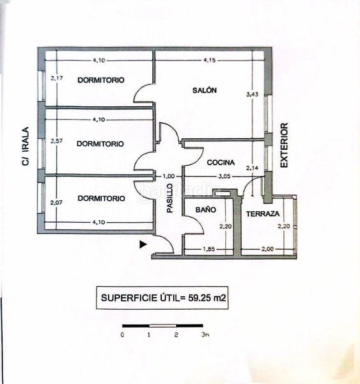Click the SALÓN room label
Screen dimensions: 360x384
click(205, 90)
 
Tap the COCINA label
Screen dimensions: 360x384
click(221, 163)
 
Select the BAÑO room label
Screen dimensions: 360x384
click(205, 210)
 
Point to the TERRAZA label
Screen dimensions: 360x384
click(263, 214)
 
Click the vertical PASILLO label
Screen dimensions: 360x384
click(170, 198)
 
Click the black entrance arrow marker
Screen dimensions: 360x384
click(143, 244)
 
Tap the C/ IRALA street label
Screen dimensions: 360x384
click(26, 146)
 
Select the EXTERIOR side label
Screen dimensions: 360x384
click(284, 145)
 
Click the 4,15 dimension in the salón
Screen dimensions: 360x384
click(210, 60)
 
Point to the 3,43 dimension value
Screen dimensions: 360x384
click(252, 94)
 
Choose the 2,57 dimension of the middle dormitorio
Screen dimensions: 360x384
click(56, 141)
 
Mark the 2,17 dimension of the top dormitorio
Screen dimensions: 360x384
click(57, 78)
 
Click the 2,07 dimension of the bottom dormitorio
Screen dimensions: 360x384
click(56, 202)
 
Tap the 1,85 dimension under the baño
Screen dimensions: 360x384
click(208, 249)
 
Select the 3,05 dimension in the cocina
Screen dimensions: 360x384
click(224, 177)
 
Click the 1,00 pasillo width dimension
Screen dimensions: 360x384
click(169, 177)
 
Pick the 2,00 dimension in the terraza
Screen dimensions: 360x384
click(267, 249)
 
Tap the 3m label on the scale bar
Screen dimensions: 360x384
click(205, 335)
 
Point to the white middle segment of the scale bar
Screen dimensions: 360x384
click(163, 326)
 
